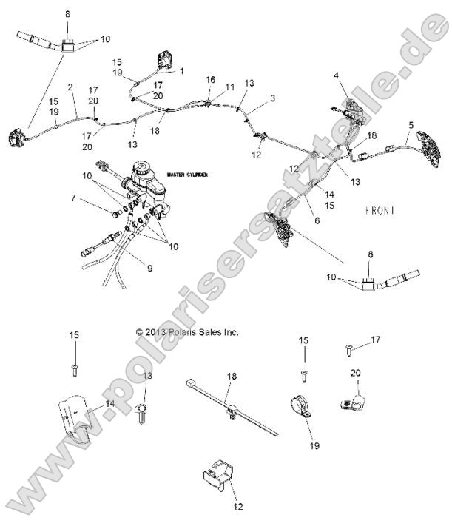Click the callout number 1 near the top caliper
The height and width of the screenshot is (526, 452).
pos(181,72)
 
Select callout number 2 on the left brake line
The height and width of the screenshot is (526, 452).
pos(70,87)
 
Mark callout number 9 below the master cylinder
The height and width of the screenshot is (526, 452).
pos(149,268)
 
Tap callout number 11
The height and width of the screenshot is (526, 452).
pos(230,87)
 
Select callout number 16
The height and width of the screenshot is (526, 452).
pos(210,79)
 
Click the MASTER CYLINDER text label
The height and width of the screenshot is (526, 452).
pos(186,175)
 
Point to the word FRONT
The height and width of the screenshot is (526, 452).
pos(380,210)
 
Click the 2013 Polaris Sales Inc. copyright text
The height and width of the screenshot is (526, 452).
pos(187,333)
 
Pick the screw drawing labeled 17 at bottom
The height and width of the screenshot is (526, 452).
pos(348,344)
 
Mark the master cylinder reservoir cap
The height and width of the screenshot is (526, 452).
pos(143,169)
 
